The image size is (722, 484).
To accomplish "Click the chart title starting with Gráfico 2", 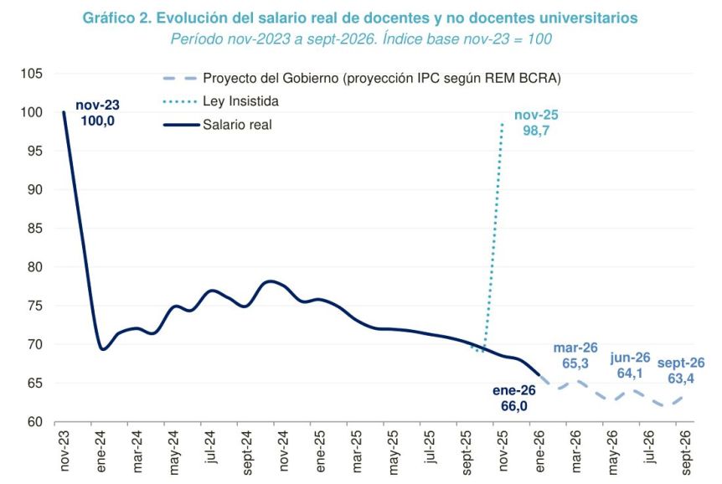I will pos(360,18).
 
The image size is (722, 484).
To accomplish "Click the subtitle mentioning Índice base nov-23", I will pos(360,39).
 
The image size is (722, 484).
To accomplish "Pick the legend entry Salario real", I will pos(238,126).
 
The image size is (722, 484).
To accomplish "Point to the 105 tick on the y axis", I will pos(33,74).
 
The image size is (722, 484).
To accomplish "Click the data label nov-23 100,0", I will pos(97,113).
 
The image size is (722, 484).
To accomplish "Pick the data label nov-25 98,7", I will pos(536,123).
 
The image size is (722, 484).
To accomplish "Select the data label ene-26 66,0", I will pos(513,399).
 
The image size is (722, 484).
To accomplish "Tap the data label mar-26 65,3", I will pos(575,356).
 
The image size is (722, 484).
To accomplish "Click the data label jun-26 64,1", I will pos(631,366).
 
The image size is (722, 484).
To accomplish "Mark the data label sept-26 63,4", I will pos(681,371).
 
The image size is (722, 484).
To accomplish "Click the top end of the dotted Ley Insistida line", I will pos(502,124).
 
